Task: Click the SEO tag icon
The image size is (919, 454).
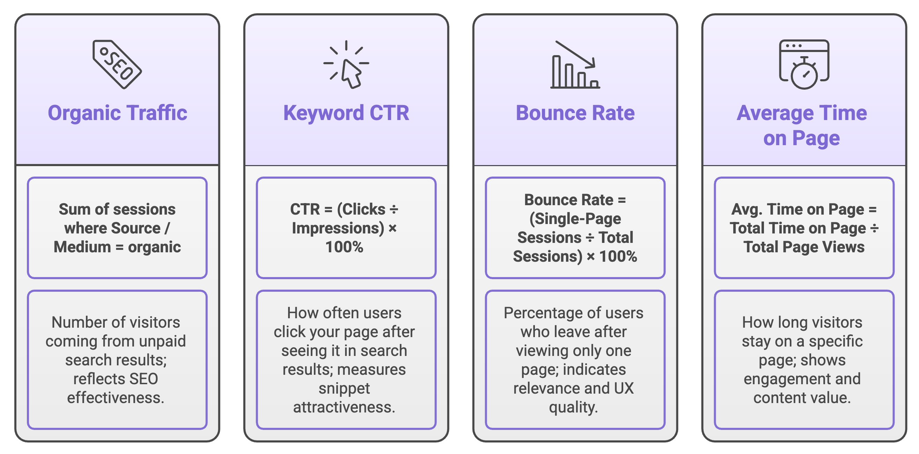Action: tap(117, 65)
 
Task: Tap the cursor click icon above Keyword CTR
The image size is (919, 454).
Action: tap(346, 65)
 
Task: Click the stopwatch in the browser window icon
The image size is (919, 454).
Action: tap(804, 65)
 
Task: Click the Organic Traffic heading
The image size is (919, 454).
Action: tap(117, 113)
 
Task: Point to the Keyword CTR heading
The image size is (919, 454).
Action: tap(346, 113)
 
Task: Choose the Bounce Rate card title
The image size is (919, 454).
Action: tap(575, 113)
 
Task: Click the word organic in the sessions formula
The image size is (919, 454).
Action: tap(154, 247)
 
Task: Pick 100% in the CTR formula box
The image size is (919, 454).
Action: tap(344, 247)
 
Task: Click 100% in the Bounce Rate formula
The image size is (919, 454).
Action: tap(618, 256)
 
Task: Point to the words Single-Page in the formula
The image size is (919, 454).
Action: tap(575, 218)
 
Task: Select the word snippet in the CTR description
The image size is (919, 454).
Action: tap(344, 388)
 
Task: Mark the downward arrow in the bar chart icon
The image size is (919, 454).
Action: tap(575, 54)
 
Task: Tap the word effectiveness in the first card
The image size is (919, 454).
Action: tap(116, 398)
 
